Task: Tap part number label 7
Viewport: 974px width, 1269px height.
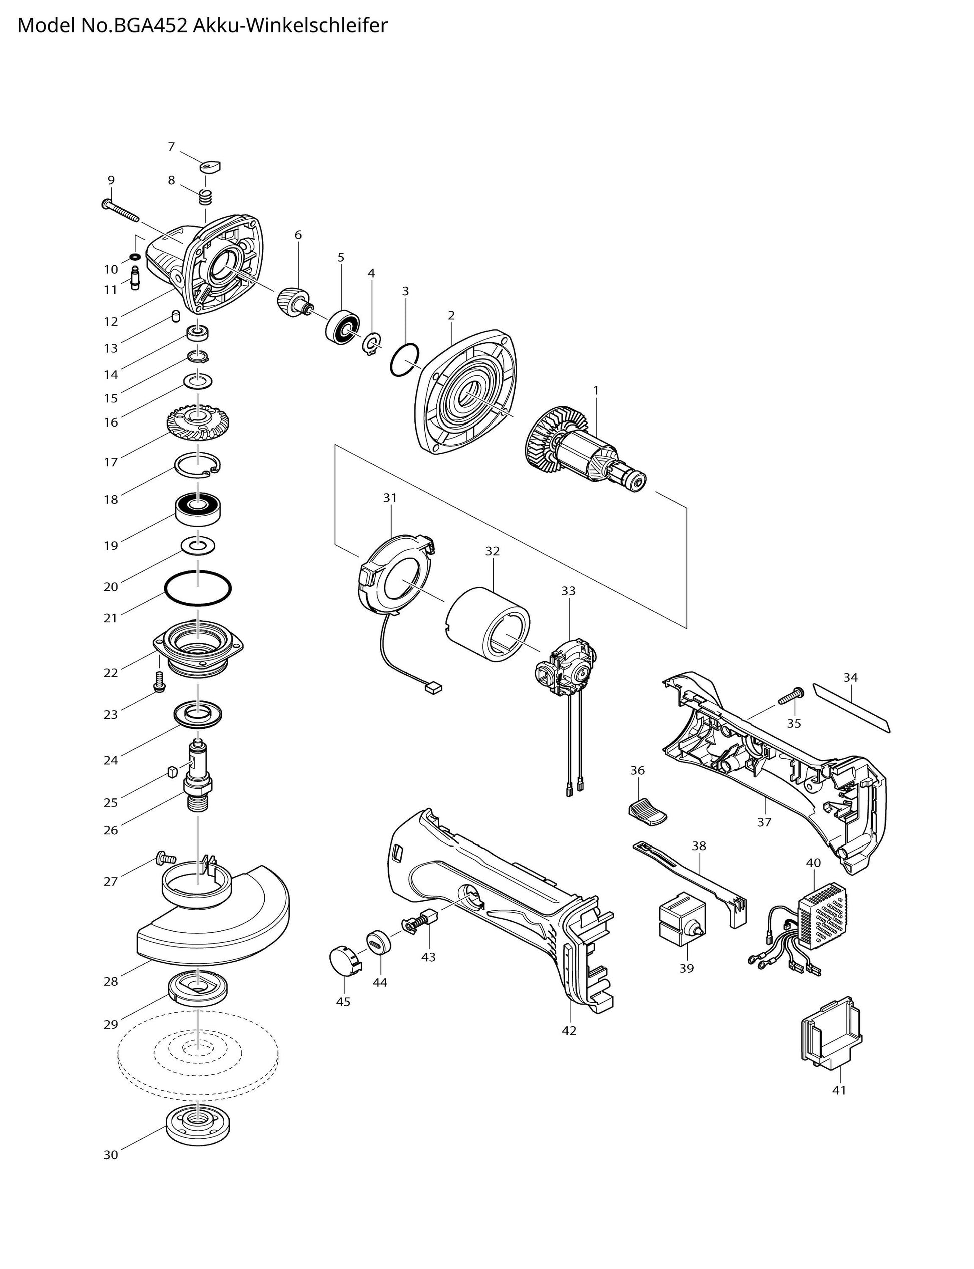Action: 171,147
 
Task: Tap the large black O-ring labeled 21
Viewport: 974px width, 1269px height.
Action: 198,590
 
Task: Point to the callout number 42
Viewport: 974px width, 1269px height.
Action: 569,1030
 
